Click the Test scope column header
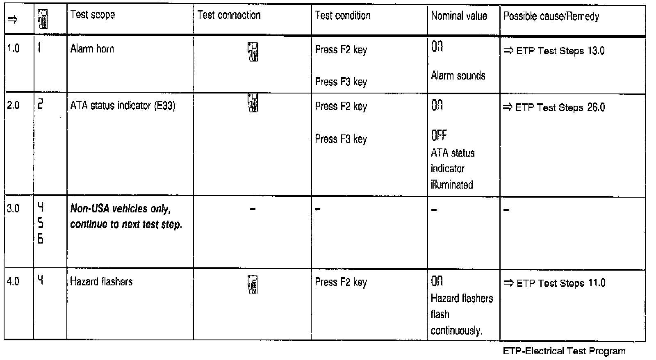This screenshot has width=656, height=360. click(x=93, y=15)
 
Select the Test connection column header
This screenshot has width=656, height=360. click(x=229, y=15)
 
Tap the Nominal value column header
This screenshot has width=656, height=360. click(x=459, y=16)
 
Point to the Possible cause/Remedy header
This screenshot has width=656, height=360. click(x=551, y=16)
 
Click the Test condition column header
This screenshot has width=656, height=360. click(x=342, y=16)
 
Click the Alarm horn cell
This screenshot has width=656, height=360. click(x=92, y=49)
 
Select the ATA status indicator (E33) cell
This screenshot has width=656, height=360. click(x=123, y=106)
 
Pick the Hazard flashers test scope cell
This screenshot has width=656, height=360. click(x=101, y=282)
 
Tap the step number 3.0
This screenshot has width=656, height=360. click(x=13, y=209)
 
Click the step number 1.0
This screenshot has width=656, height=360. click(x=13, y=49)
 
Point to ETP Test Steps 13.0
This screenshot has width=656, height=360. click(x=554, y=51)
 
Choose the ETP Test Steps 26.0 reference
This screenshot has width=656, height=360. click(x=554, y=107)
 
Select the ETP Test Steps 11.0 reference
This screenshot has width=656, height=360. click(x=555, y=283)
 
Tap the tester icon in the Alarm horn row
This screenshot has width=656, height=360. click(x=253, y=52)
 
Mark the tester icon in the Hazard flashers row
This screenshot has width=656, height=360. click(x=253, y=285)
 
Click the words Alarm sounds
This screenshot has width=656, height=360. click(x=458, y=76)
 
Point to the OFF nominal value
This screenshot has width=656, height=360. click(x=439, y=135)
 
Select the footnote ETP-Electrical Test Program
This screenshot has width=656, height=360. click(x=564, y=351)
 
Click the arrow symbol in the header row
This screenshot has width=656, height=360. click(x=12, y=20)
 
